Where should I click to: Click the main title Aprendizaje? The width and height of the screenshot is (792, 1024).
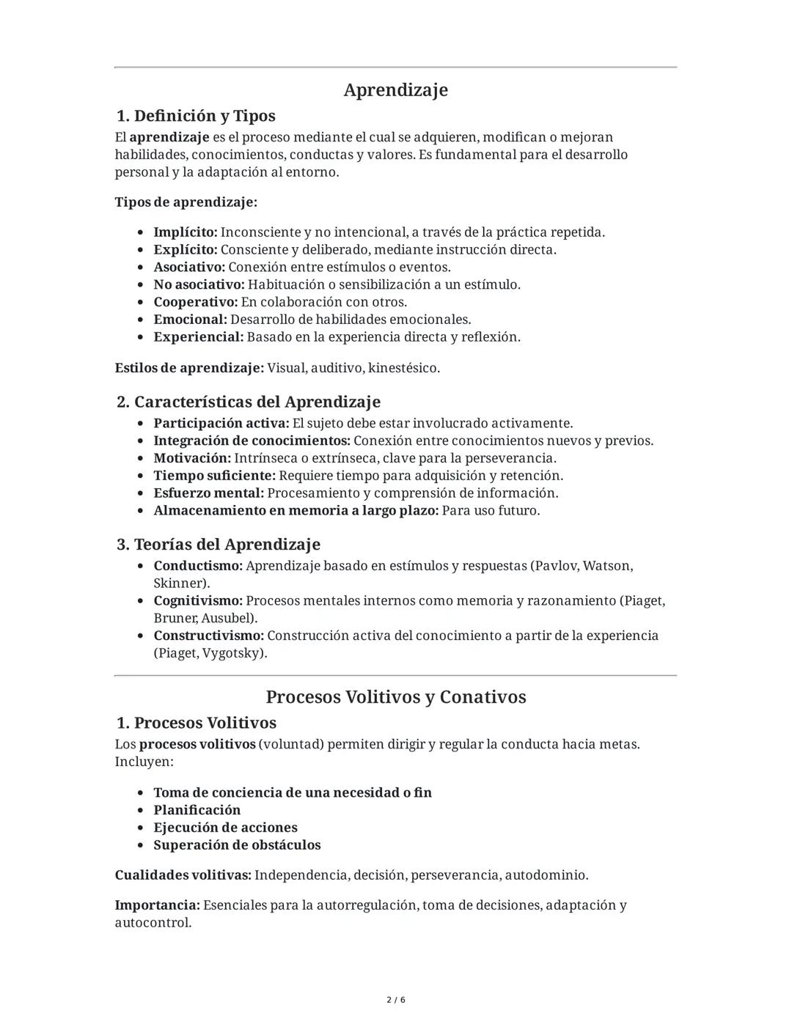pyautogui.click(x=395, y=90)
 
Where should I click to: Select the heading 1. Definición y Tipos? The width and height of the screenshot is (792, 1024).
pyautogui.click(x=196, y=116)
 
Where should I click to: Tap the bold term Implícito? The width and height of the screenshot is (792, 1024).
pyautogui.click(x=185, y=232)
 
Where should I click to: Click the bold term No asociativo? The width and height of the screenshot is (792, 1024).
pyautogui.click(x=199, y=284)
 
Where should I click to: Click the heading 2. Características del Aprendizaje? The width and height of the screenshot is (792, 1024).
pyautogui.click(x=249, y=402)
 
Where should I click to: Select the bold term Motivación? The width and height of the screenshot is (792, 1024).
pyautogui.click(x=192, y=458)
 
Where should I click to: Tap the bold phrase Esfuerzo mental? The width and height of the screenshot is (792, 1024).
pyautogui.click(x=208, y=493)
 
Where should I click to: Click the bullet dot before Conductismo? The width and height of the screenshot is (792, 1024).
pyautogui.click(x=140, y=567)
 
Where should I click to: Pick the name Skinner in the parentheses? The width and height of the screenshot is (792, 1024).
pyautogui.click(x=179, y=583)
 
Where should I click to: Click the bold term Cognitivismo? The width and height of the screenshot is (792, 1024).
pyautogui.click(x=198, y=601)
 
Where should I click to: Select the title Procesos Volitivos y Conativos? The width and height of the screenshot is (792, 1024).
pyautogui.click(x=395, y=696)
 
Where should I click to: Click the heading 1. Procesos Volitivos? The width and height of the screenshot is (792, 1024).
pyautogui.click(x=196, y=723)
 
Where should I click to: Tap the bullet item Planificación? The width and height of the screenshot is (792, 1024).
pyautogui.click(x=197, y=810)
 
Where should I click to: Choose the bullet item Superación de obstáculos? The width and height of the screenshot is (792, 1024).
pyautogui.click(x=237, y=845)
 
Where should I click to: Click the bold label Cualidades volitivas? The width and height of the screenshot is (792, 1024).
pyautogui.click(x=183, y=875)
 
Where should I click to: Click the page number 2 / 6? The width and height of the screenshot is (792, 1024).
pyautogui.click(x=395, y=1000)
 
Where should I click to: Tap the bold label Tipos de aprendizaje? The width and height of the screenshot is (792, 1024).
pyautogui.click(x=186, y=202)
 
